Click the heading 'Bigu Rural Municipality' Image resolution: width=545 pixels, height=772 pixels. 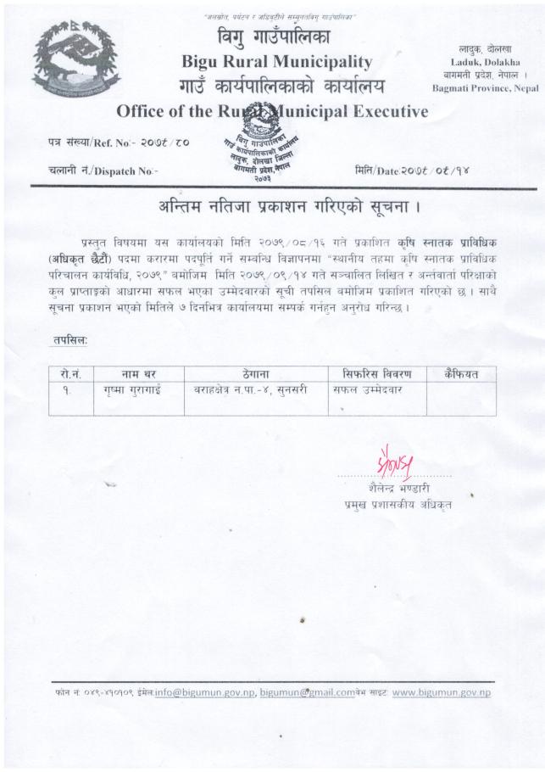click(x=277, y=62)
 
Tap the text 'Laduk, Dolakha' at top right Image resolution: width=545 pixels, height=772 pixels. click(x=481, y=63)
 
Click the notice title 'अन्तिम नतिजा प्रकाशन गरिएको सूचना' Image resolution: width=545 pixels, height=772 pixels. click(x=278, y=207)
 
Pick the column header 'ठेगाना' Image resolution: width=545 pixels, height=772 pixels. click(x=253, y=373)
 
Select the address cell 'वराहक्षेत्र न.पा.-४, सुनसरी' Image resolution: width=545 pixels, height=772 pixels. click(x=253, y=390)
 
